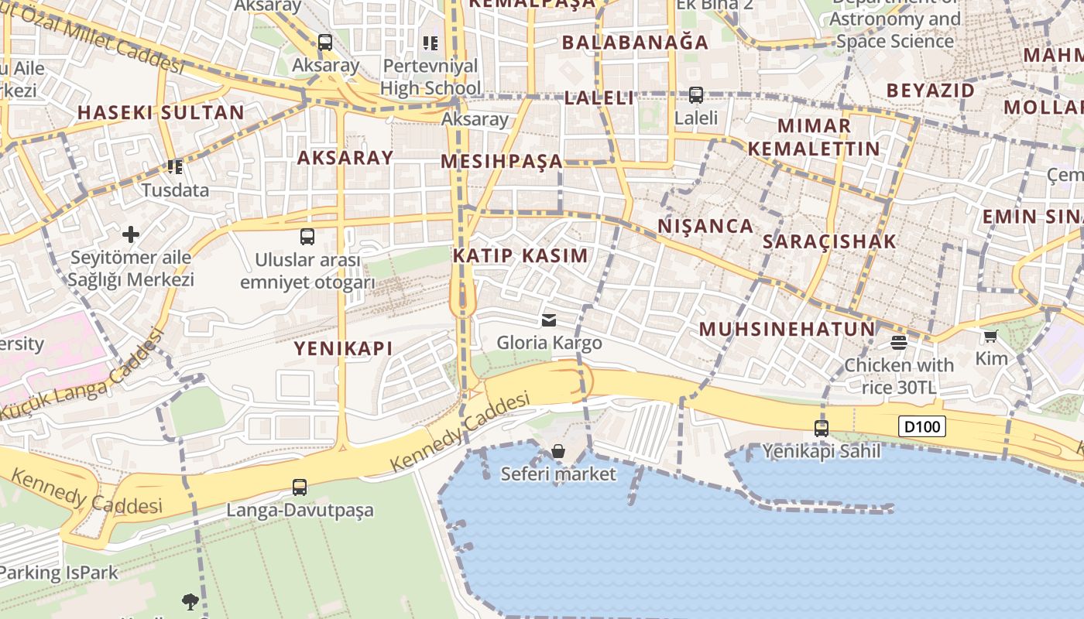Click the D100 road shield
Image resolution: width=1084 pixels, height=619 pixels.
(x=922, y=426)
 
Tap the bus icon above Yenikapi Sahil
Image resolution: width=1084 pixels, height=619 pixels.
(x=822, y=428)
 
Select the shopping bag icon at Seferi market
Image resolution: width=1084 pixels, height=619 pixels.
(x=558, y=451)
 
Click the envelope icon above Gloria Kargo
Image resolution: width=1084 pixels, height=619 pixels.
(x=549, y=320)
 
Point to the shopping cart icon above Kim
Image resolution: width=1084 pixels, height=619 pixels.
(x=991, y=336)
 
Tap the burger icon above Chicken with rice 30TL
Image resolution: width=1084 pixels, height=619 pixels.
(x=899, y=342)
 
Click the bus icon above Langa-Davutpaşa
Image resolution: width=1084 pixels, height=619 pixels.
(x=300, y=487)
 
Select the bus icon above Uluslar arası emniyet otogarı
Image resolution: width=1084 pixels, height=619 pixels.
(x=307, y=237)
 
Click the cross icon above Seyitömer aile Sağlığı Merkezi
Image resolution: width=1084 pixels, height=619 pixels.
(x=131, y=234)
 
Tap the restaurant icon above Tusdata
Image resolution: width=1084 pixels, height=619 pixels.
(x=175, y=166)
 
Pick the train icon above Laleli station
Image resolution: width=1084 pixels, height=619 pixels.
(x=696, y=95)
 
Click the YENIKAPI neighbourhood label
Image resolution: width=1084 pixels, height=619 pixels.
(x=343, y=348)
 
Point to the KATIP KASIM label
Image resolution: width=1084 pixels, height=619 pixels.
(x=520, y=255)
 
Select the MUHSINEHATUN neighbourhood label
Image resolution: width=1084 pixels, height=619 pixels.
(x=787, y=329)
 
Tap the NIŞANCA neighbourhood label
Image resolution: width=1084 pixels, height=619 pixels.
(x=705, y=226)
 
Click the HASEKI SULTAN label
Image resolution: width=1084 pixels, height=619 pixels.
(x=161, y=112)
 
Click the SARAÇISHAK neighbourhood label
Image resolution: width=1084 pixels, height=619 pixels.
(x=829, y=241)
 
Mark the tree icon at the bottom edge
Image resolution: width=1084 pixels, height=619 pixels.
(x=190, y=601)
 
